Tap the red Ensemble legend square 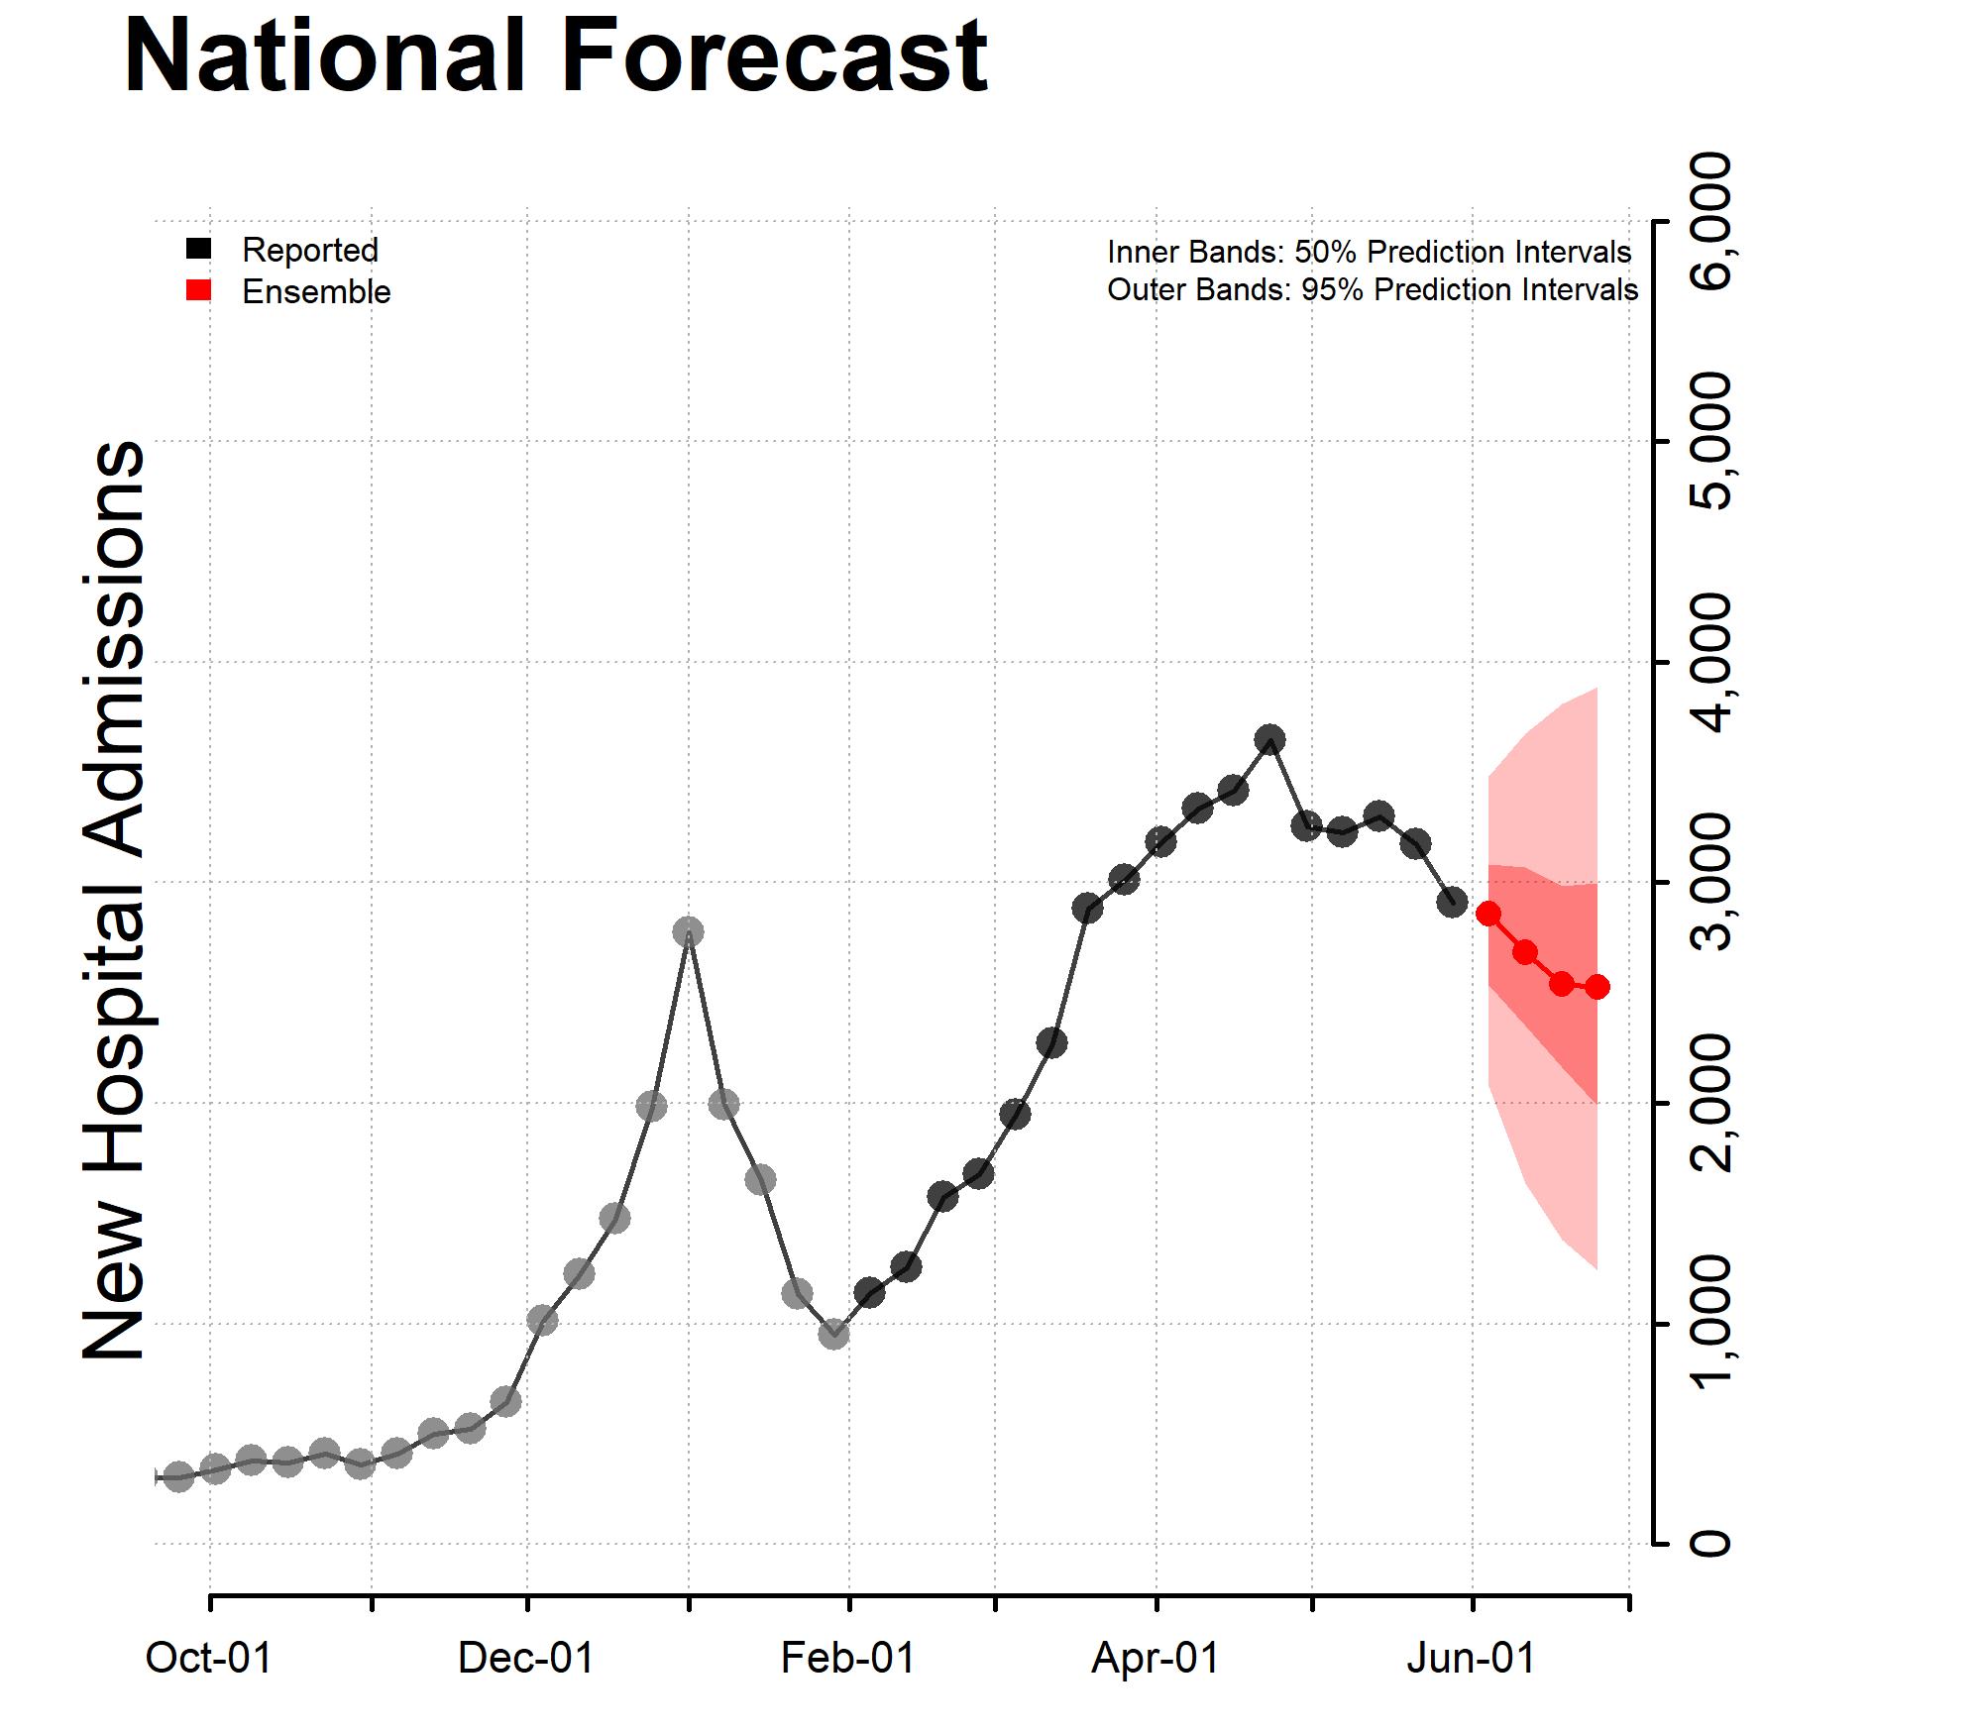click(x=198, y=290)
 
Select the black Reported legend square click(x=198, y=249)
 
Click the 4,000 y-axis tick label click(x=1712, y=662)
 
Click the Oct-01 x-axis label click(x=208, y=1658)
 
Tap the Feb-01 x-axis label click(x=847, y=1658)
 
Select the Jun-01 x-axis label click(x=1471, y=1658)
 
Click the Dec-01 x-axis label click(x=525, y=1658)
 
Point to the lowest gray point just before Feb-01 click(x=833, y=1334)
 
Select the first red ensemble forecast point click(x=1488, y=914)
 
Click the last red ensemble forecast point click(x=1597, y=986)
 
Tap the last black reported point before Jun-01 click(x=1453, y=902)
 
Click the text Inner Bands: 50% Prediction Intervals click(x=1370, y=252)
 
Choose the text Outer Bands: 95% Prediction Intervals click(x=1373, y=290)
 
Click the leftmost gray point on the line click(x=178, y=1477)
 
